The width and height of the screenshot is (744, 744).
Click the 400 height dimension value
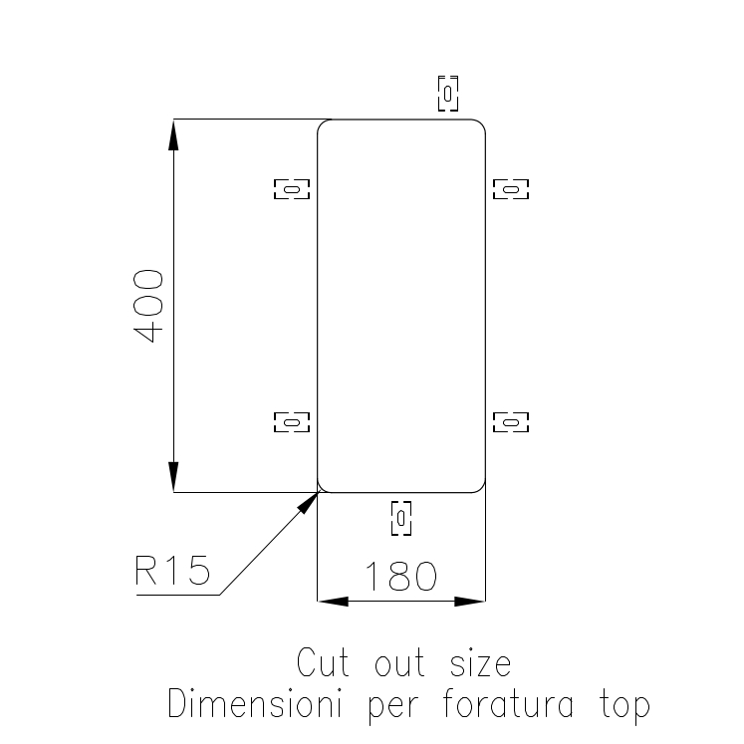149,306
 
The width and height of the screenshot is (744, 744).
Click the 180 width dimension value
400,576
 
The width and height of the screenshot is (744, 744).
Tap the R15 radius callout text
172,572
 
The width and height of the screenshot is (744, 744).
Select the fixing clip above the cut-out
449,93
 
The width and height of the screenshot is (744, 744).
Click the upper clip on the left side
292,187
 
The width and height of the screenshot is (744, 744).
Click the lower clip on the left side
292,422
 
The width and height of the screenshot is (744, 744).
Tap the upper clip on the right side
511,187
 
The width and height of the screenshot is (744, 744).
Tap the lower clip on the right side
511,422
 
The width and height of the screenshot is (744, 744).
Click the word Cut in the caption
324,662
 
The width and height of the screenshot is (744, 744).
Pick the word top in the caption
624,705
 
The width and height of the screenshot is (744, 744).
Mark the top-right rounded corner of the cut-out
481,124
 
